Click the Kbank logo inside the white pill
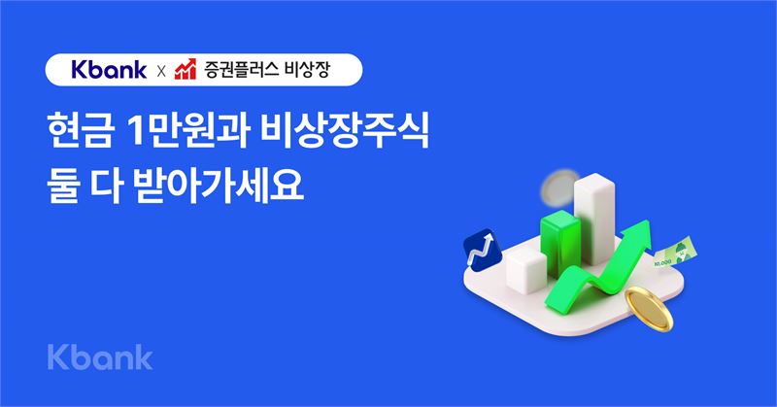[109, 70]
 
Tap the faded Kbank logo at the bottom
[100, 357]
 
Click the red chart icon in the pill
[186, 69]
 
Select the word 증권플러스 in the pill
[240, 69]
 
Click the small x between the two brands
[161, 72]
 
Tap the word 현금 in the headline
[80, 132]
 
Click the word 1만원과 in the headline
[187, 132]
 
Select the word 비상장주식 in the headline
[345, 132]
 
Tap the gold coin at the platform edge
[649, 309]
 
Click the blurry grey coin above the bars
[560, 187]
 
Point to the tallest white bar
[594, 219]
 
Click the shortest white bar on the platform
[526, 270]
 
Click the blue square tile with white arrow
[482, 250]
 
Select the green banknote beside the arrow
[675, 252]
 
